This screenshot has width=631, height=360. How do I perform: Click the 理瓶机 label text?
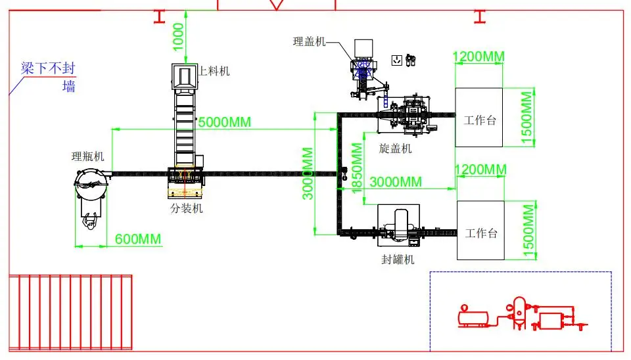coord(87,156)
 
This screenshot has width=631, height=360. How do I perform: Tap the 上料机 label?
coord(214,71)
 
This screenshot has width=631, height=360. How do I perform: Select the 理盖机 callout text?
coord(309,41)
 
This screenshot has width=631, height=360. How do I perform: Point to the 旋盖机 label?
coord(396,148)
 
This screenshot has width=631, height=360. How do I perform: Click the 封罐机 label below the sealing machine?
coord(398,259)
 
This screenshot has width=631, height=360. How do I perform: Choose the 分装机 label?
coord(187,208)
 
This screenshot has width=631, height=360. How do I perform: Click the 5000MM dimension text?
coord(223,122)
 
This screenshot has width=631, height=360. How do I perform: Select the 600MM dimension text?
coord(138,239)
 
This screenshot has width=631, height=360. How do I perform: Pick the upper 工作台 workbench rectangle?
coord(479,117)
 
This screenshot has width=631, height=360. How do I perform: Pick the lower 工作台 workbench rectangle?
coord(480,231)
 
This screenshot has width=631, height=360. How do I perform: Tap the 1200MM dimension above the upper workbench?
coord(479,56)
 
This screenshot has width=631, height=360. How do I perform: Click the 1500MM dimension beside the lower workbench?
coord(528,231)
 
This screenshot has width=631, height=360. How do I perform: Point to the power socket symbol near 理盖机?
coord(396,60)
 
